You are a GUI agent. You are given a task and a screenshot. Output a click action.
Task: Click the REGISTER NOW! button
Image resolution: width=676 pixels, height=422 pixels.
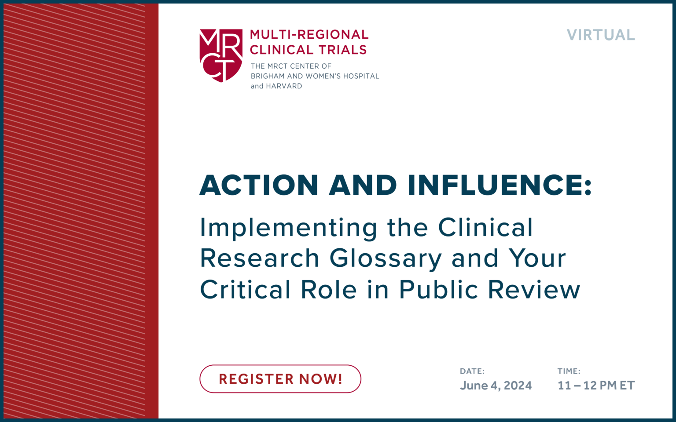click(280, 379)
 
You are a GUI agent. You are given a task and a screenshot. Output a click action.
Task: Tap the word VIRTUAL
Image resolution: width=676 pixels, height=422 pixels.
click(601, 35)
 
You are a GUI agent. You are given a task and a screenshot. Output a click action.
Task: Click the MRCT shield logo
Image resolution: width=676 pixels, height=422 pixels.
click(221, 55)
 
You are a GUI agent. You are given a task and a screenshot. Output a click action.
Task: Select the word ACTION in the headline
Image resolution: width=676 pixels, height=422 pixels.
click(259, 185)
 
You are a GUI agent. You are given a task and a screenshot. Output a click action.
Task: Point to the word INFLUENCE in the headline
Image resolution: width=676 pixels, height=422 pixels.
click(499, 185)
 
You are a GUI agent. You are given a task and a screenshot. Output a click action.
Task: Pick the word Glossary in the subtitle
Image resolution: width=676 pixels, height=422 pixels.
click(386, 258)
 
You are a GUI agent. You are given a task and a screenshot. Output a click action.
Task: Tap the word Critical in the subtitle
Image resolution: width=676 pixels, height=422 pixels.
click(245, 290)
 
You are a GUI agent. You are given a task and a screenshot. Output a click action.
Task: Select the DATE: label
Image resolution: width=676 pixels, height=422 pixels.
click(472, 371)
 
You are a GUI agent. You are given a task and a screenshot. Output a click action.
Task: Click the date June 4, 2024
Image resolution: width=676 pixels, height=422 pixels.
click(496, 386)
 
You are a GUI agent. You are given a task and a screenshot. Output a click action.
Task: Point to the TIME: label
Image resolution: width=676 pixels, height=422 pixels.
click(569, 371)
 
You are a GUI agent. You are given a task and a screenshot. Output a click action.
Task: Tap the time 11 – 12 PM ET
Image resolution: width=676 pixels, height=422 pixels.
click(596, 386)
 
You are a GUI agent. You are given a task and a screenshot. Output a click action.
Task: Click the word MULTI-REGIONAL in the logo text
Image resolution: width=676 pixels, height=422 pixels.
click(309, 35)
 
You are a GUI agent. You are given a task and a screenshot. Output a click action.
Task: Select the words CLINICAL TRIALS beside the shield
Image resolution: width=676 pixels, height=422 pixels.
click(308, 50)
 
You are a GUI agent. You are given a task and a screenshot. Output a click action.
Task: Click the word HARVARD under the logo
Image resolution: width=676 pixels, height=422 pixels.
click(284, 86)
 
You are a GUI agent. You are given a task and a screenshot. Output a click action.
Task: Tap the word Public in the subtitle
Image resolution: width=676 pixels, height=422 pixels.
click(438, 290)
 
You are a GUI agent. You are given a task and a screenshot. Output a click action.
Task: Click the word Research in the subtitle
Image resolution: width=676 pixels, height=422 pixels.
click(260, 258)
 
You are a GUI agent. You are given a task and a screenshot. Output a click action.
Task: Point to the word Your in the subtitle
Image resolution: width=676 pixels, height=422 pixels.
click(537, 258)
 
